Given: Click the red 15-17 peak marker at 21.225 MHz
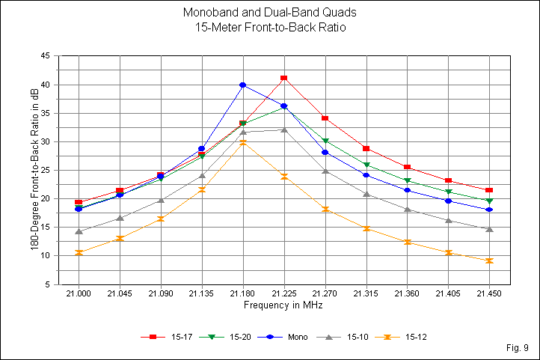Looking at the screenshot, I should [x=284, y=78].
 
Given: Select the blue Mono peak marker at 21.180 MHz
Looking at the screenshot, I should [x=243, y=85].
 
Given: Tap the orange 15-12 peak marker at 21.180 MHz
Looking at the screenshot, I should [x=243, y=142].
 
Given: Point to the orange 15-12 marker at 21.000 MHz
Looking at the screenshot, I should [x=79, y=253].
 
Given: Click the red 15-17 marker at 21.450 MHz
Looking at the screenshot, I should [x=489, y=190].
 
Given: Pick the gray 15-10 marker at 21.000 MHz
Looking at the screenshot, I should [x=79, y=231].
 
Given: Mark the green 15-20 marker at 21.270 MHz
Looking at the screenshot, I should [x=325, y=141].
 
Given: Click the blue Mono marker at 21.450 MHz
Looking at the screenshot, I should [x=489, y=210].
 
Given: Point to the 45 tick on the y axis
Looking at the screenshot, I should [x=45, y=56].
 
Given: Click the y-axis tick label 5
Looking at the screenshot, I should [x=48, y=284].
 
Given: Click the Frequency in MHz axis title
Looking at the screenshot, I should [x=283, y=306].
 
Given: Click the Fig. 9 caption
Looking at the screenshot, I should [x=518, y=348].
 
